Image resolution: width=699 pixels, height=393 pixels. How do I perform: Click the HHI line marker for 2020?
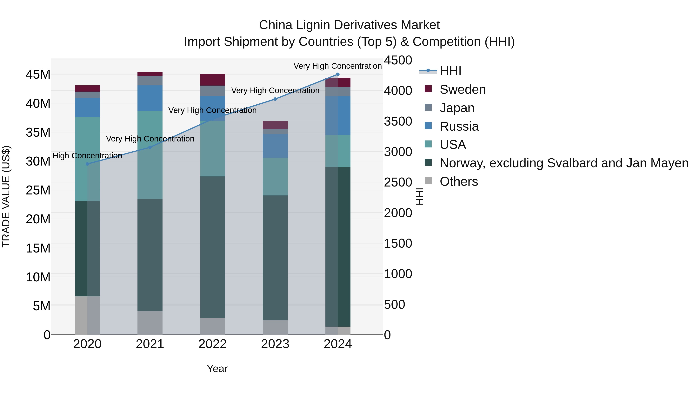coord(87,164)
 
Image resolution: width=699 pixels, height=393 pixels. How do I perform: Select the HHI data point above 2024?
coord(338,74)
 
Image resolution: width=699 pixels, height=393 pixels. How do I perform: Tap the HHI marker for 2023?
coord(275,99)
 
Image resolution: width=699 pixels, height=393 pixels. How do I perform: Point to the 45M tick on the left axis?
coord(38,75)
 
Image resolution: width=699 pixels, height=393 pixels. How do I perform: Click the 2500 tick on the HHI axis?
coord(398,182)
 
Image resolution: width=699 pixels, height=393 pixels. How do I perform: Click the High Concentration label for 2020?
coord(87,156)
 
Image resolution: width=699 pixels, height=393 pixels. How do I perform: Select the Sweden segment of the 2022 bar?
coord(213,80)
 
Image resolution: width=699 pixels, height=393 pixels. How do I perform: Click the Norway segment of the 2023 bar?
coord(275,258)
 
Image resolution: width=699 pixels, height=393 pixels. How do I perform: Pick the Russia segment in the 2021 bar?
coord(150,98)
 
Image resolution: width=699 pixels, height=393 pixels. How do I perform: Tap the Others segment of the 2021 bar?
coord(150,323)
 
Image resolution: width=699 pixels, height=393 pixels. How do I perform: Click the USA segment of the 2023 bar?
coord(275,177)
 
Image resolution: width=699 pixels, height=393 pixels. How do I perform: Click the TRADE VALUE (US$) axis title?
coord(6,196)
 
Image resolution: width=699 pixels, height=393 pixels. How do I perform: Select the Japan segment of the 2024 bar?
coord(338,92)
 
